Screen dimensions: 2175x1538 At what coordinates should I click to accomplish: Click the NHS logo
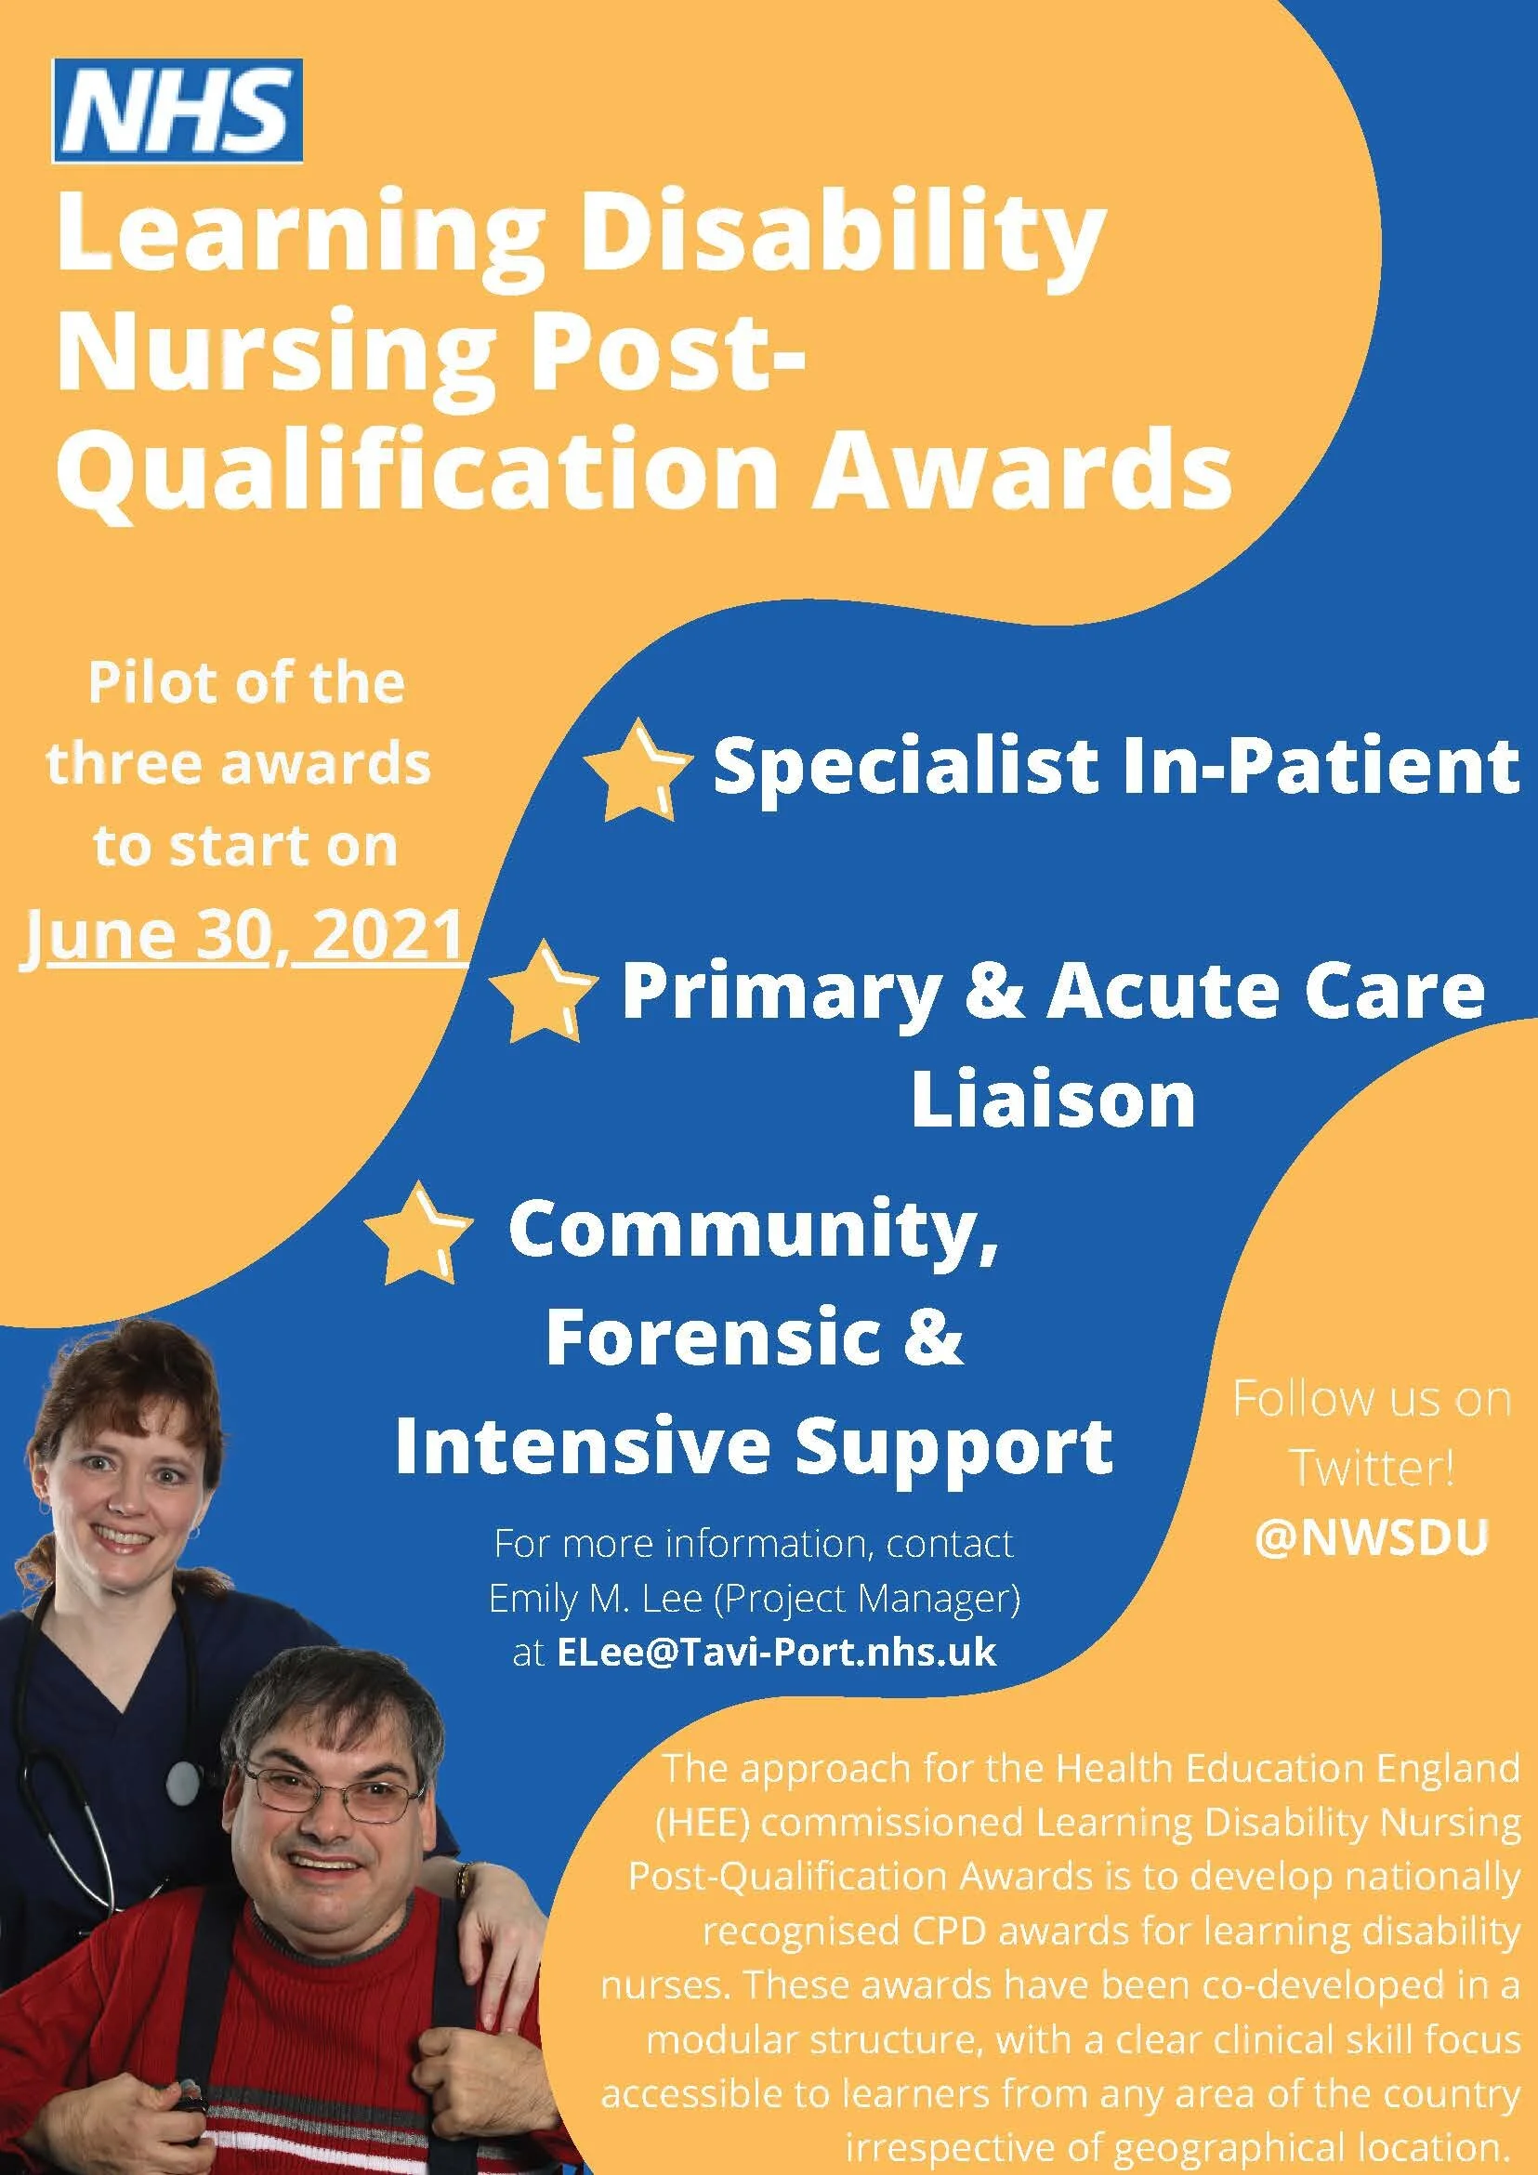click(x=177, y=111)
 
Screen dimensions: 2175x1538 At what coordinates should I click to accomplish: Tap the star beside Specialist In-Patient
click(x=634, y=770)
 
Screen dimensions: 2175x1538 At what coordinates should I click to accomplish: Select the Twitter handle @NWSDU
click(x=1372, y=1538)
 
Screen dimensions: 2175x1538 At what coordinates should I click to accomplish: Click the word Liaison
click(x=1053, y=1099)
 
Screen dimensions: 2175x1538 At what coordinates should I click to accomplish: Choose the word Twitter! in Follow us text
click(x=1372, y=1469)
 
